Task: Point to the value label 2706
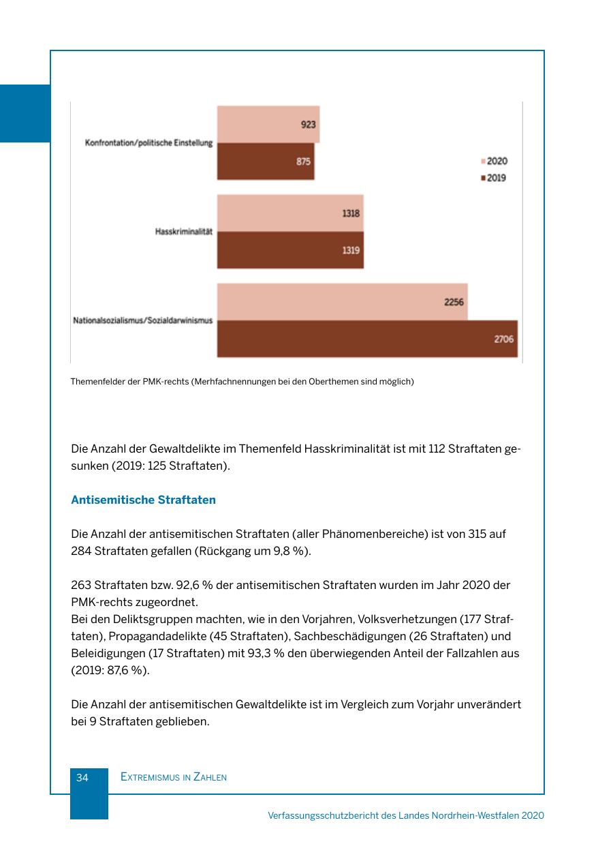pyautogui.click(x=504, y=339)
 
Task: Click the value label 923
pyautogui.click(x=308, y=125)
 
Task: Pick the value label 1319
pyautogui.click(x=351, y=250)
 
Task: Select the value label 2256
pyautogui.click(x=454, y=301)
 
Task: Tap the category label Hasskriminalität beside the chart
pyautogui.click(x=184, y=232)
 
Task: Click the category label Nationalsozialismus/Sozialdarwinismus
pyautogui.click(x=143, y=320)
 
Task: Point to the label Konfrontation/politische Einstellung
pyautogui.click(x=148, y=143)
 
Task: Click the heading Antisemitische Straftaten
pyautogui.click(x=143, y=500)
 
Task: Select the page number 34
pyautogui.click(x=82, y=777)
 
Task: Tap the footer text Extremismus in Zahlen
pyautogui.click(x=173, y=777)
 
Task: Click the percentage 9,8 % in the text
pyautogui.click(x=292, y=551)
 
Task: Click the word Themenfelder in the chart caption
pyautogui.click(x=97, y=382)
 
